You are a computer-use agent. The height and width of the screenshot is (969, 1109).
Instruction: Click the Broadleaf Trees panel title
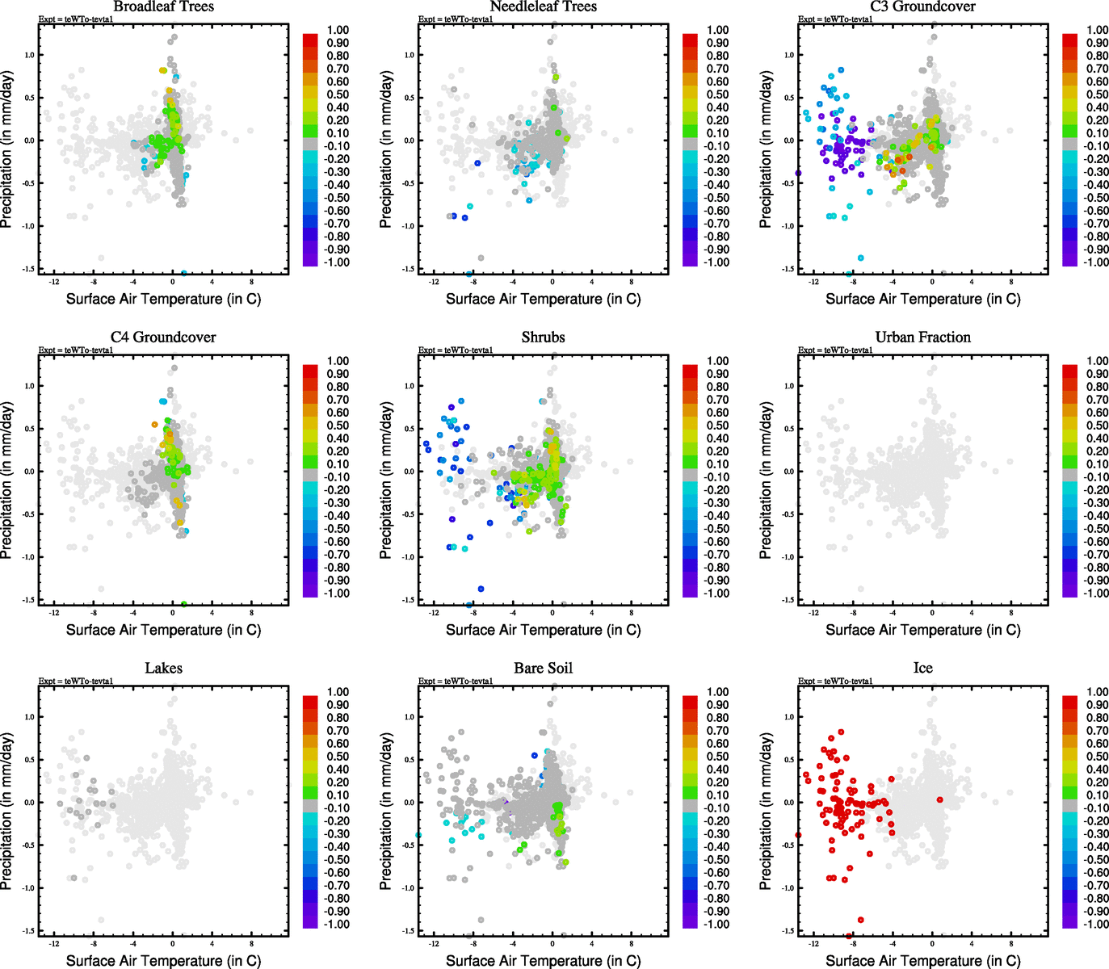(163, 7)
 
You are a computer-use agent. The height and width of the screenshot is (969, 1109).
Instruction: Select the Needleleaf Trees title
(543, 7)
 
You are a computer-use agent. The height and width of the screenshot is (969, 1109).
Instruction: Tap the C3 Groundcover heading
(922, 7)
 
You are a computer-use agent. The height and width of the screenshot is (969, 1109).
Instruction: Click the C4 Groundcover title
(163, 338)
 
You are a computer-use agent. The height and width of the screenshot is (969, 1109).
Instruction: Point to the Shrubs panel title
(543, 338)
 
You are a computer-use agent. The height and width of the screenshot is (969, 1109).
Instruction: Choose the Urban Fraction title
(922, 338)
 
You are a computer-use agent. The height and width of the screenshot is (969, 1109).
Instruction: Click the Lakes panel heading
(163, 669)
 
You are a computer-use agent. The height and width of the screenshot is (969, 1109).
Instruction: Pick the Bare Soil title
(543, 669)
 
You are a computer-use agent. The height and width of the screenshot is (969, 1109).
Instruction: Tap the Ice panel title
(922, 669)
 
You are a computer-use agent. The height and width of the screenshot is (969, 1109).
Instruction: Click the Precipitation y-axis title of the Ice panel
(766, 812)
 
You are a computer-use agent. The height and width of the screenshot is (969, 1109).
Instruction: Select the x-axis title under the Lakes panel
(163, 961)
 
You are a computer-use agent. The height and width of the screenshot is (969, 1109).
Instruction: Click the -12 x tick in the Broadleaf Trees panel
(54, 282)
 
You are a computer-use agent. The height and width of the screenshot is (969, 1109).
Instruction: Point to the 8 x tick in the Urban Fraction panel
(1011, 613)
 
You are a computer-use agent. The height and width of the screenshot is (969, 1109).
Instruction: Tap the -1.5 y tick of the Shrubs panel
(409, 600)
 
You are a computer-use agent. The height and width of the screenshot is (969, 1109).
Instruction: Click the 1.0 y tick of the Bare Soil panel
(410, 717)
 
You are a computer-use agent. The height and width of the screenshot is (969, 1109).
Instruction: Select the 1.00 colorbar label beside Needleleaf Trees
(717, 30)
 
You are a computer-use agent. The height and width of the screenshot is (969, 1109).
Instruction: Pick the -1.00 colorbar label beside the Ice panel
(1096, 925)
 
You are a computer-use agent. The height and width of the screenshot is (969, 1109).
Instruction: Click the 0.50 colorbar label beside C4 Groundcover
(338, 426)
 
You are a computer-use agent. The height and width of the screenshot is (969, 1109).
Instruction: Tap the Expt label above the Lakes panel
(76, 682)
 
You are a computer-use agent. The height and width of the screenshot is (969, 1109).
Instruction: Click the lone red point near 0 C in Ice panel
(940, 799)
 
